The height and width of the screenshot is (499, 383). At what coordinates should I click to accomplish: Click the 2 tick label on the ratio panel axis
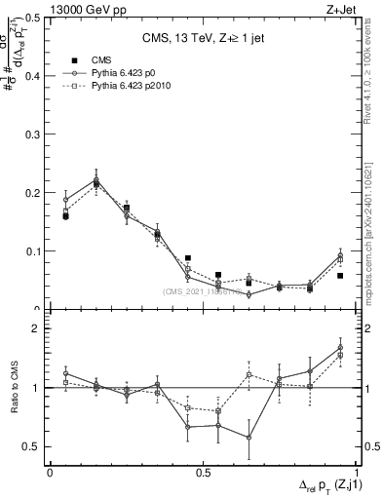pyautogui.click(x=35, y=329)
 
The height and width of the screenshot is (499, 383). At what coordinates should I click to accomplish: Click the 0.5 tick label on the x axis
pyautogui.click(x=204, y=471)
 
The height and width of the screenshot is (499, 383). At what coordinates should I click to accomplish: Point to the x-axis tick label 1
pyautogui.click(x=357, y=471)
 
